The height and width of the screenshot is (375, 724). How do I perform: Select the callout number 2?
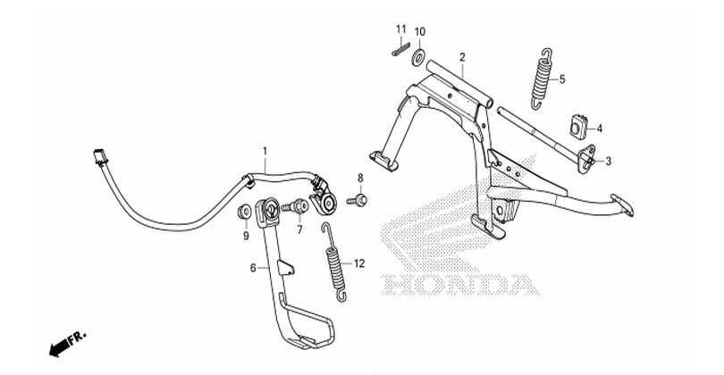click(x=462, y=58)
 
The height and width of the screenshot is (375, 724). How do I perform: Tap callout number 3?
click(x=610, y=162)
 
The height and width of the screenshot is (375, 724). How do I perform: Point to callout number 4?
click(x=601, y=129)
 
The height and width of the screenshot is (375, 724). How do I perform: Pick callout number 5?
click(x=562, y=79)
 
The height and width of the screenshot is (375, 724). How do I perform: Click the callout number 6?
click(x=253, y=267)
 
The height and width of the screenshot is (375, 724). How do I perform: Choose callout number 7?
click(x=300, y=230)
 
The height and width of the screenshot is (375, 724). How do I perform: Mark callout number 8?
click(x=361, y=178)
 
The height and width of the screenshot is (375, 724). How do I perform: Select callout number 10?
click(x=420, y=33)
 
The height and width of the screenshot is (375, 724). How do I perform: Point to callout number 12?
click(x=359, y=263)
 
